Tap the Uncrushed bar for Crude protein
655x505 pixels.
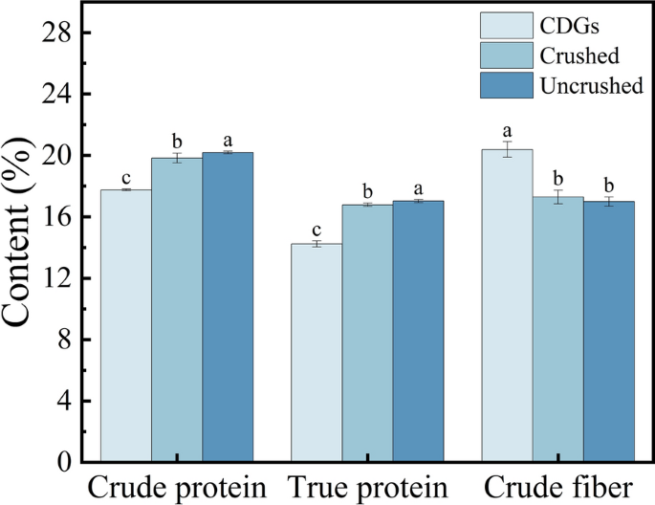coord(228,307)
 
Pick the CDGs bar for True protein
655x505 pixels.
coord(317,353)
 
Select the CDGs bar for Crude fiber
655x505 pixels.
coord(507,305)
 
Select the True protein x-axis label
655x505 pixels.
coord(367,486)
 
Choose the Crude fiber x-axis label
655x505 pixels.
coord(557,486)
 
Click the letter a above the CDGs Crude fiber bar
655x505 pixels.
coord(507,131)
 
